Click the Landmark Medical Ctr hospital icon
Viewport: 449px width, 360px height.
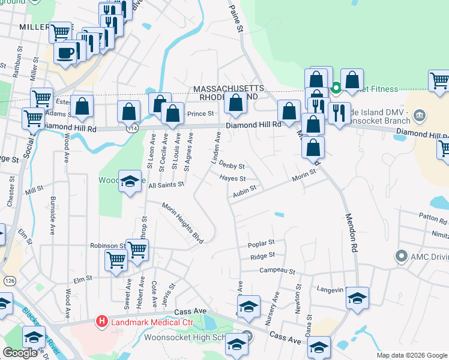click(x=102, y=322)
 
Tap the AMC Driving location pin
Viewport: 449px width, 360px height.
click(x=401, y=256)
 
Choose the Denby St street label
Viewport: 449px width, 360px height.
click(x=232, y=165)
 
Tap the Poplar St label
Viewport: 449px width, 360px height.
click(x=261, y=243)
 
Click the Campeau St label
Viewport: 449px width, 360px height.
click(x=277, y=271)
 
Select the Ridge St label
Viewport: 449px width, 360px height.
click(x=262, y=256)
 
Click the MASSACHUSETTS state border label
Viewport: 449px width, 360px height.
click(x=228, y=89)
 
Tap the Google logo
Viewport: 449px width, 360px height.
click(x=20, y=353)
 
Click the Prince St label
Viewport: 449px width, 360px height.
click(x=200, y=113)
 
